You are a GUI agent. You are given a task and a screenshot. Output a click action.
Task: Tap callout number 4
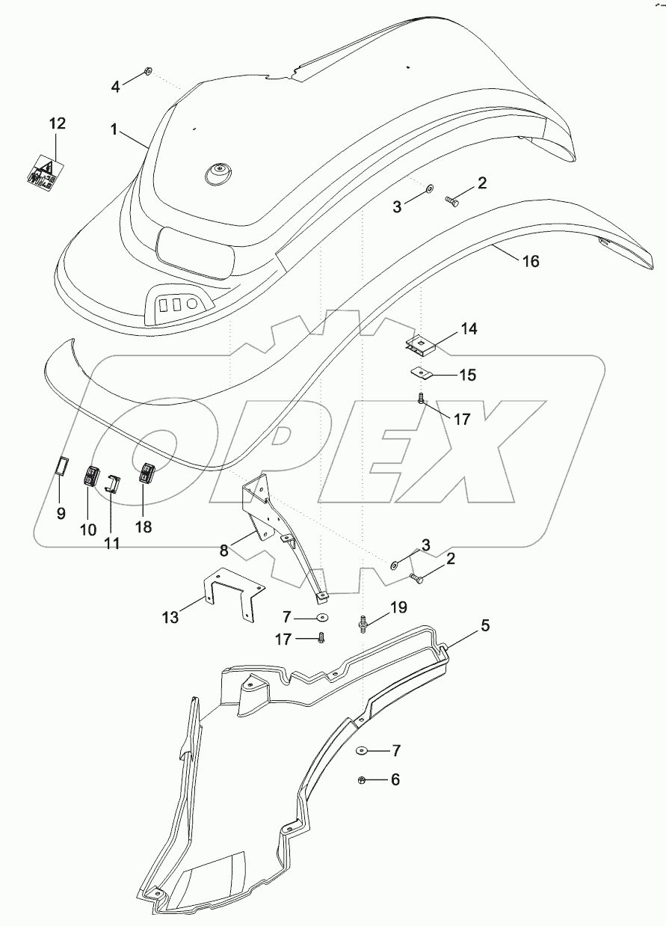pyautogui.click(x=115, y=87)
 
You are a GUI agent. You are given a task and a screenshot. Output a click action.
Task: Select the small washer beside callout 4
pyautogui.click(x=147, y=71)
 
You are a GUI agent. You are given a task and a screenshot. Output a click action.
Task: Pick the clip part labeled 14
pyautogui.click(x=420, y=344)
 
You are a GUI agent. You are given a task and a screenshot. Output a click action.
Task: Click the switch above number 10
pyautogui.click(x=92, y=476)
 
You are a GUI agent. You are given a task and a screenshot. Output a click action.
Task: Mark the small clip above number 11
pyautogui.click(x=112, y=483)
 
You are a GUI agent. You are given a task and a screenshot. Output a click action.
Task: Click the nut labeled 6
pyautogui.click(x=362, y=780)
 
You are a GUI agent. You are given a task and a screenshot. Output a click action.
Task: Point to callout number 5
pyautogui.click(x=485, y=625)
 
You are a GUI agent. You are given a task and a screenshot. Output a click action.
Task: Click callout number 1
pyautogui.click(x=114, y=129)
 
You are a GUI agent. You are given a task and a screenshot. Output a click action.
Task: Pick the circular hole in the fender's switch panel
pyautogui.click(x=192, y=304)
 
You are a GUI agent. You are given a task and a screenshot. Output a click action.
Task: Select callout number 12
pyautogui.click(x=58, y=123)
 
